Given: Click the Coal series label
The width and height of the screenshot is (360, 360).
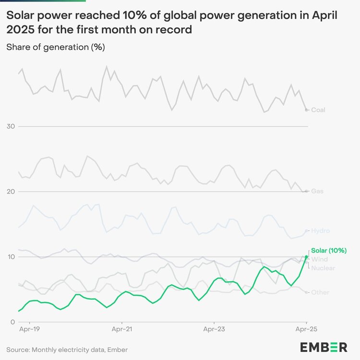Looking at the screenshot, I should [318, 110].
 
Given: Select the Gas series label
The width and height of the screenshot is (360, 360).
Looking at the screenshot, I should [317, 191].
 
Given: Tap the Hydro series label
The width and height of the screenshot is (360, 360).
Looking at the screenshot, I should [321, 231].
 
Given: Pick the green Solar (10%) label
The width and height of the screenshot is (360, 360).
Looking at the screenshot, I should [329, 251].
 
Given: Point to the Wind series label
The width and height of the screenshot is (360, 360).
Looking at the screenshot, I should [320, 259].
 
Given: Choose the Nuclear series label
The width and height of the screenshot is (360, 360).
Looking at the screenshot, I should [323, 268].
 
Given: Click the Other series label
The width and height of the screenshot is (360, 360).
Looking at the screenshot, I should [320, 292].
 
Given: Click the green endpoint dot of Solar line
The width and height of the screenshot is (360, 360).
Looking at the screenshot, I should [307, 257].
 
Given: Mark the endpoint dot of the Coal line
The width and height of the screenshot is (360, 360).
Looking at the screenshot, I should [307, 110].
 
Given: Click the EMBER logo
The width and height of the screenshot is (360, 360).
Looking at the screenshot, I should [324, 347].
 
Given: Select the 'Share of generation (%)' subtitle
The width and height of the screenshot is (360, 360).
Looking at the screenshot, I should [56, 47].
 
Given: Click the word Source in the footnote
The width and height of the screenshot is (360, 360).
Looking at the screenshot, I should [18, 349].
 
